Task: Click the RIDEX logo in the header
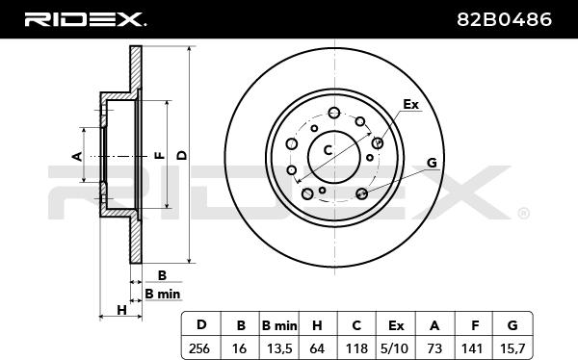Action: click(85, 19)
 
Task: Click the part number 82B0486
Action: click(504, 19)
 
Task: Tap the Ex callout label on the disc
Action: click(410, 105)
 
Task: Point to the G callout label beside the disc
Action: click(432, 163)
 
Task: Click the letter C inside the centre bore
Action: click(328, 150)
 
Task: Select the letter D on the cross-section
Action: click(182, 156)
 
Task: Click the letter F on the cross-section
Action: click(160, 156)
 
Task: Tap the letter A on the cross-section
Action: click(77, 156)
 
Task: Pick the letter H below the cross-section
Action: click(121, 310)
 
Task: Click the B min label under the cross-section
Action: click(163, 294)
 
